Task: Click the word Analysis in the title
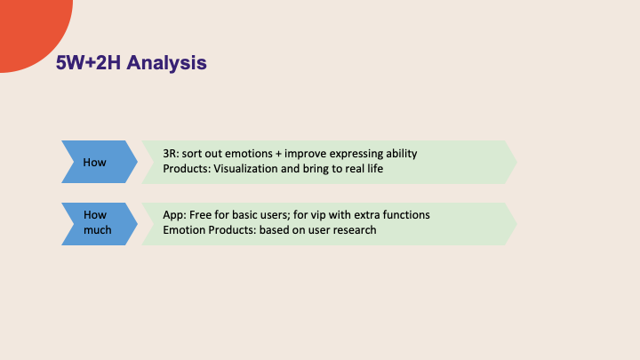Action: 169,62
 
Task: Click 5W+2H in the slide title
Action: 91,62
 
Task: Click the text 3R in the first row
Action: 171,154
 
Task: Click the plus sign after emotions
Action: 284,154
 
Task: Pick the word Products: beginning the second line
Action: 187,169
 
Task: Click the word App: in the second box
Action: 174,216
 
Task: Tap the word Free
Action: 202,216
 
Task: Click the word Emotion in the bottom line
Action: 184,231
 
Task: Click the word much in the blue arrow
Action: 97,230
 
